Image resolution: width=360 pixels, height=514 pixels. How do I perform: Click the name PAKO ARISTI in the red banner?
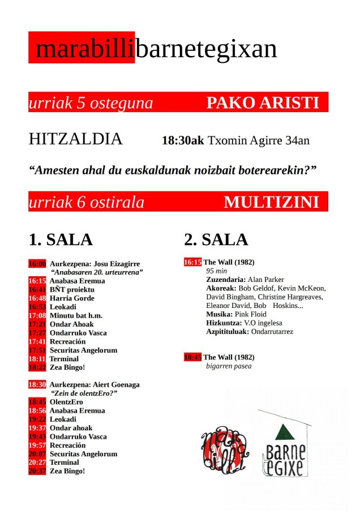click(x=263, y=103)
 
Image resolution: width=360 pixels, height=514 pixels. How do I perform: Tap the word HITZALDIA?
click(x=75, y=139)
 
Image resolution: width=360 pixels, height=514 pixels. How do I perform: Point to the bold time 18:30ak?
click(x=182, y=140)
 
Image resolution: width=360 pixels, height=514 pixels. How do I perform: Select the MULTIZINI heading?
click(x=271, y=202)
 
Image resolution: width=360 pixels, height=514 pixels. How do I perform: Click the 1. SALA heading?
click(x=61, y=239)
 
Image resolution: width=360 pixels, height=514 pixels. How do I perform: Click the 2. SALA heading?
click(x=216, y=239)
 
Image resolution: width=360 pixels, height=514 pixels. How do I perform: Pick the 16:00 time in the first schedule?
click(x=37, y=264)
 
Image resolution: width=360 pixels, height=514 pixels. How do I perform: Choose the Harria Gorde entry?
click(x=72, y=298)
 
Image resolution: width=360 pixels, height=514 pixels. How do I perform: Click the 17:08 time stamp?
click(x=37, y=315)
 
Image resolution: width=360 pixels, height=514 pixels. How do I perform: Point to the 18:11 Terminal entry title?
click(x=64, y=359)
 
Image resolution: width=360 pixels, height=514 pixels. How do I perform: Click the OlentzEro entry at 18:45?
click(x=66, y=402)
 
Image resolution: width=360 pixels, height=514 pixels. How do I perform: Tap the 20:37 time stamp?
click(x=37, y=471)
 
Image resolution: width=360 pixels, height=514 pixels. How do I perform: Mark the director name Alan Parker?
click(x=266, y=280)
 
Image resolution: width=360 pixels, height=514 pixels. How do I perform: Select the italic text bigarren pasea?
click(x=229, y=366)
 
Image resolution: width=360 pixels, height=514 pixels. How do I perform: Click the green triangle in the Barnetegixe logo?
click(x=282, y=434)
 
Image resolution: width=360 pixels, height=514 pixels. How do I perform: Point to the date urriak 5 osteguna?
click(x=91, y=103)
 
